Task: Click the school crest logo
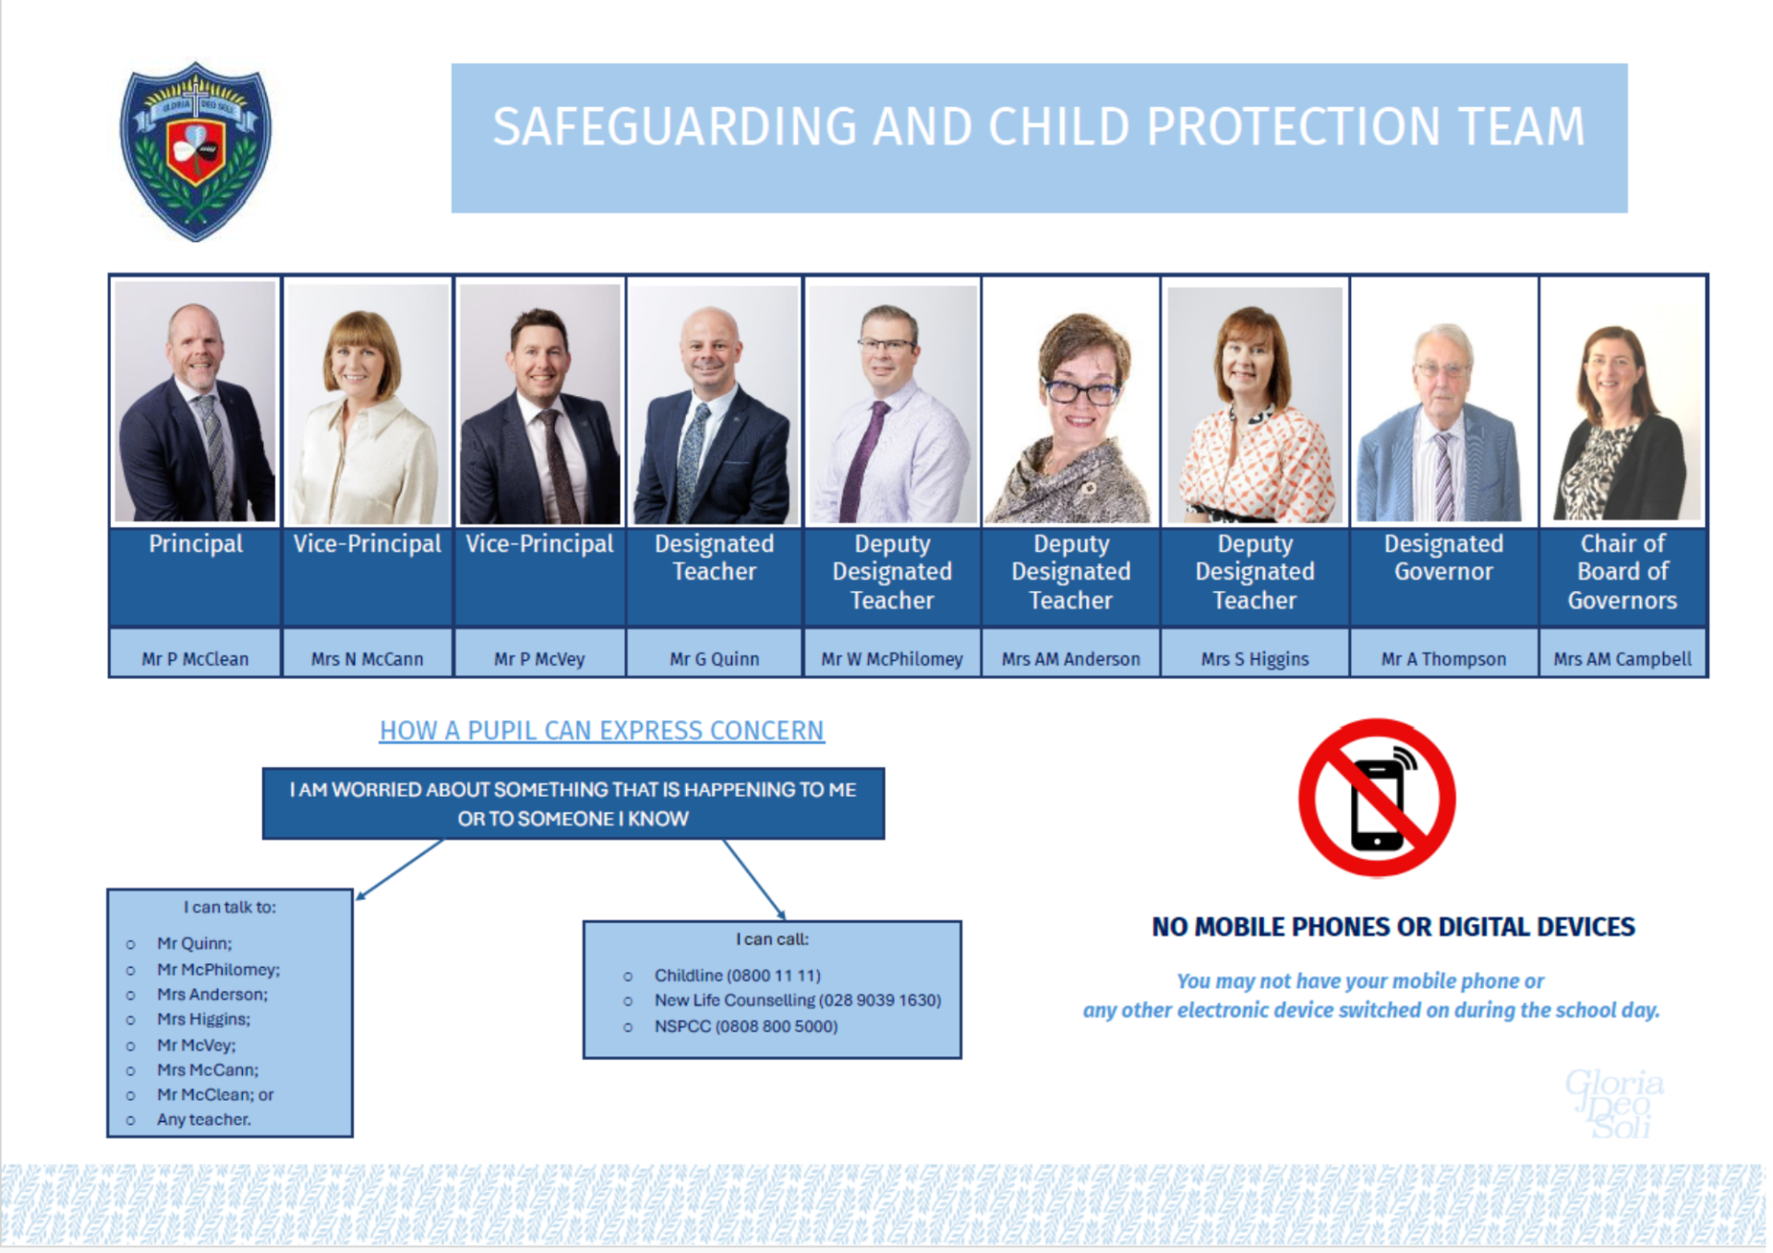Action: tap(196, 151)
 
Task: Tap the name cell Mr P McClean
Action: tap(195, 658)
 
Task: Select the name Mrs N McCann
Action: tap(367, 658)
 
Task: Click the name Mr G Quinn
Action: tap(714, 658)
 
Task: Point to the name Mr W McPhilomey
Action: tap(891, 658)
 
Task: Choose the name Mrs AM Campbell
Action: tap(1622, 658)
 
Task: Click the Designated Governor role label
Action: tap(1443, 558)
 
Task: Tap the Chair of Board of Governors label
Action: tap(1622, 572)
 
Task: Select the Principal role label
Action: tap(196, 544)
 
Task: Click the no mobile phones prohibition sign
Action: tap(1376, 798)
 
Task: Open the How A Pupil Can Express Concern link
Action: tap(601, 730)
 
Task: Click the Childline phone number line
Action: tap(737, 975)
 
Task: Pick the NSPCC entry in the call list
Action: tap(745, 1026)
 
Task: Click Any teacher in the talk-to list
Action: tap(203, 1119)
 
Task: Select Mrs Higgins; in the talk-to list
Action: tap(203, 1019)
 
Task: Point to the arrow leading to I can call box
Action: tap(754, 879)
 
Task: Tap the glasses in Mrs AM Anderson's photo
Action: tap(1080, 392)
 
